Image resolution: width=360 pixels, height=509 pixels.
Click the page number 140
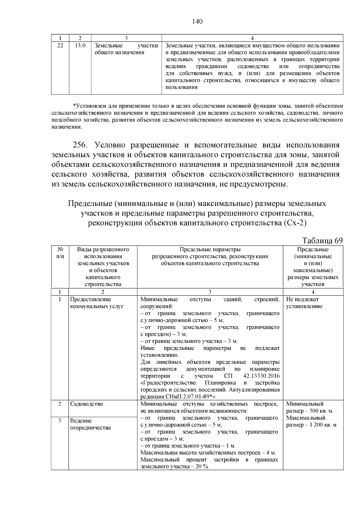coord(197,22)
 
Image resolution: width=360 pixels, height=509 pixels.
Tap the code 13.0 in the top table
coord(80,46)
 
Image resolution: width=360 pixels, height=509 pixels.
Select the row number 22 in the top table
coord(60,46)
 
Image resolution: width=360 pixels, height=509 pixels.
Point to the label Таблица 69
coord(322,241)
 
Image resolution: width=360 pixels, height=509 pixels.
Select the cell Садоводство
coord(86,404)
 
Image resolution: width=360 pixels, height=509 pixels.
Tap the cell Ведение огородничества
coord(90,424)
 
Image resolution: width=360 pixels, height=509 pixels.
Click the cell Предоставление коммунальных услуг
coord(96,303)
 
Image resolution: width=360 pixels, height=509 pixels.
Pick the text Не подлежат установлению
coord(304,303)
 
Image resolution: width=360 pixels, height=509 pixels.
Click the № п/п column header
coord(60,253)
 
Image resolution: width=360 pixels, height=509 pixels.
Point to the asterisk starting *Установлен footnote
coord(74,106)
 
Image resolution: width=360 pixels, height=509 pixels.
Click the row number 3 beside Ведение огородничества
coord(60,421)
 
